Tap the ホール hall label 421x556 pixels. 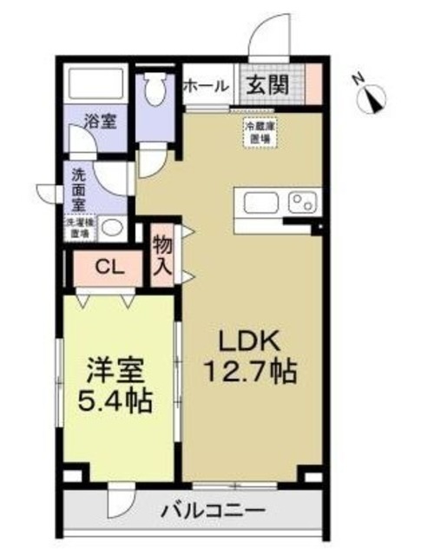(x=206, y=86)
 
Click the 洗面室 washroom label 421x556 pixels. (x=78, y=188)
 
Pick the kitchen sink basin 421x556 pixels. (x=260, y=202)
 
